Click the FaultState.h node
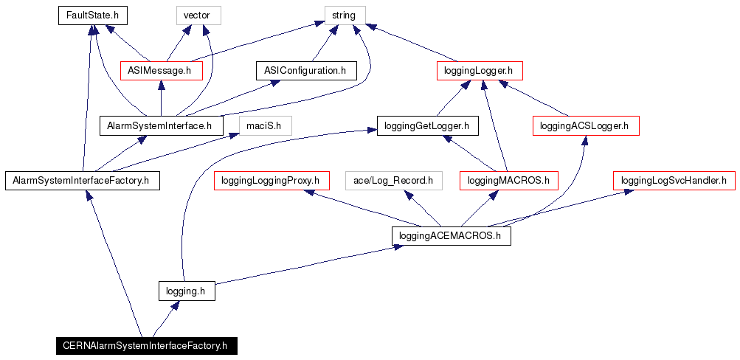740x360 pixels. tap(89, 15)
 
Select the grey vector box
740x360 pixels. tap(198, 15)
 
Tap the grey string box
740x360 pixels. tap(345, 15)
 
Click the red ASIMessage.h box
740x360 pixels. tap(161, 70)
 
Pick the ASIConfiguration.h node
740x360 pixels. tap(305, 70)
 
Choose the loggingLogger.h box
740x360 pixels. tap(479, 70)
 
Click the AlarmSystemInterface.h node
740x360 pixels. tap(161, 125)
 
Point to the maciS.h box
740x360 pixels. tap(264, 125)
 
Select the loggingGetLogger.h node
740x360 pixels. tap(426, 125)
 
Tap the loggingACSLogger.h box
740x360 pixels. tap(585, 125)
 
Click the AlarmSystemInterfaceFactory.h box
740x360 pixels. tap(81, 180)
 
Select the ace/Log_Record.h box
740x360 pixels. tap(393, 180)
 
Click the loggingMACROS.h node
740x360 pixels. tap(508, 180)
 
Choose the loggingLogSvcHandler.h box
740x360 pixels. tap(674, 180)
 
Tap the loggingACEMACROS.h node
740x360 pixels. tap(450, 235)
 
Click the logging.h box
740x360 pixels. tap(186, 291)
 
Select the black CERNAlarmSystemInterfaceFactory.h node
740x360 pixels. tap(145, 345)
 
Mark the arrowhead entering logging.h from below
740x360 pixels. tap(174, 305)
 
